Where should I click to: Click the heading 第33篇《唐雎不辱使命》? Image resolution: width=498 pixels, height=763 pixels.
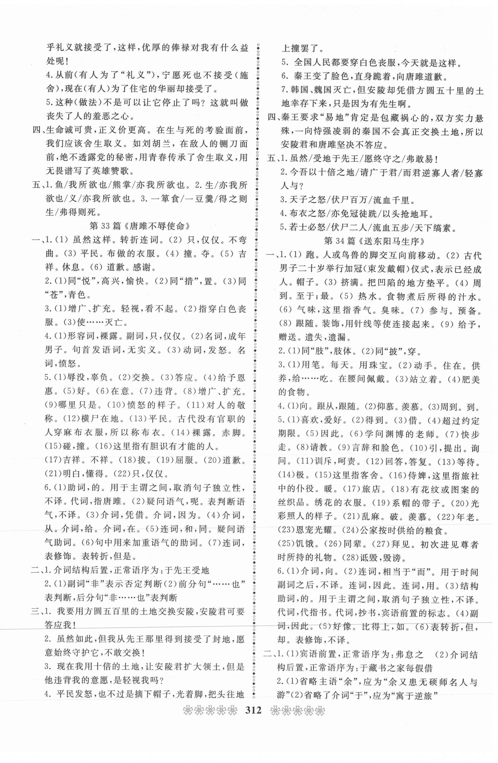(140, 226)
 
